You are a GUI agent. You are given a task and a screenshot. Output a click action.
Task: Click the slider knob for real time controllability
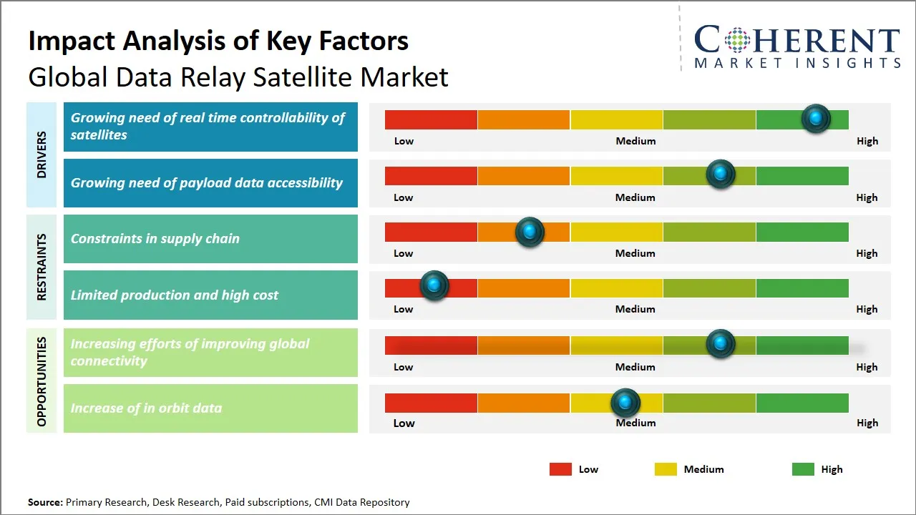(x=815, y=118)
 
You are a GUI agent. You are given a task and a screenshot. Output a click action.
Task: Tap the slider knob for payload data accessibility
(x=721, y=174)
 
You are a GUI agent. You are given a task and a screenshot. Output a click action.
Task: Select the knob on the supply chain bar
(x=530, y=231)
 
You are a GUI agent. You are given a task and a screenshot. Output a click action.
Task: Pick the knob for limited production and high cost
(x=434, y=285)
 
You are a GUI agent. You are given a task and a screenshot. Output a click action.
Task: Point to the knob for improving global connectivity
(x=721, y=343)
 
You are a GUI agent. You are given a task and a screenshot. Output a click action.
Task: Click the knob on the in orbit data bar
(x=625, y=403)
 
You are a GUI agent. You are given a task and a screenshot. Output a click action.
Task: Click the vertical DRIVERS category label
(x=42, y=154)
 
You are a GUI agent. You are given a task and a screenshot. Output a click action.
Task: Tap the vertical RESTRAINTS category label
(x=42, y=267)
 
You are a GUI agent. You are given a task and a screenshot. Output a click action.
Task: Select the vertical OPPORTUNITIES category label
(x=42, y=381)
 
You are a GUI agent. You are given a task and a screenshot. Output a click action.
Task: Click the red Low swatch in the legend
(x=560, y=469)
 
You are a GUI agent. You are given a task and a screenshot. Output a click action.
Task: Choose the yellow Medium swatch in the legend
(x=666, y=469)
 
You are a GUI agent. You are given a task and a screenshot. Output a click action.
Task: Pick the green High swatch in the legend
(x=803, y=469)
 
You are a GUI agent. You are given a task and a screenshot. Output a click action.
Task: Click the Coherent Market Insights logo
(x=796, y=46)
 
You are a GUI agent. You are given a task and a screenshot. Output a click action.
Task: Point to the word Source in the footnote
(x=44, y=502)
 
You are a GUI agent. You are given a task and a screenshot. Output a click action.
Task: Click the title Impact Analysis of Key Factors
(x=218, y=41)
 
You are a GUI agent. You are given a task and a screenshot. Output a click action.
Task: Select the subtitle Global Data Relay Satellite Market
(x=238, y=77)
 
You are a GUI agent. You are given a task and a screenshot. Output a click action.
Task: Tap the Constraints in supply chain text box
(x=210, y=239)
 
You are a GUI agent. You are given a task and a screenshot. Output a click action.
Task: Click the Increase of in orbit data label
(x=210, y=408)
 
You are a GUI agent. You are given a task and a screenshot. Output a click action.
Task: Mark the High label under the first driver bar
(x=867, y=141)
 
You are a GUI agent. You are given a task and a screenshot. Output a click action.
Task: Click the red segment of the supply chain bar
(x=431, y=232)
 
